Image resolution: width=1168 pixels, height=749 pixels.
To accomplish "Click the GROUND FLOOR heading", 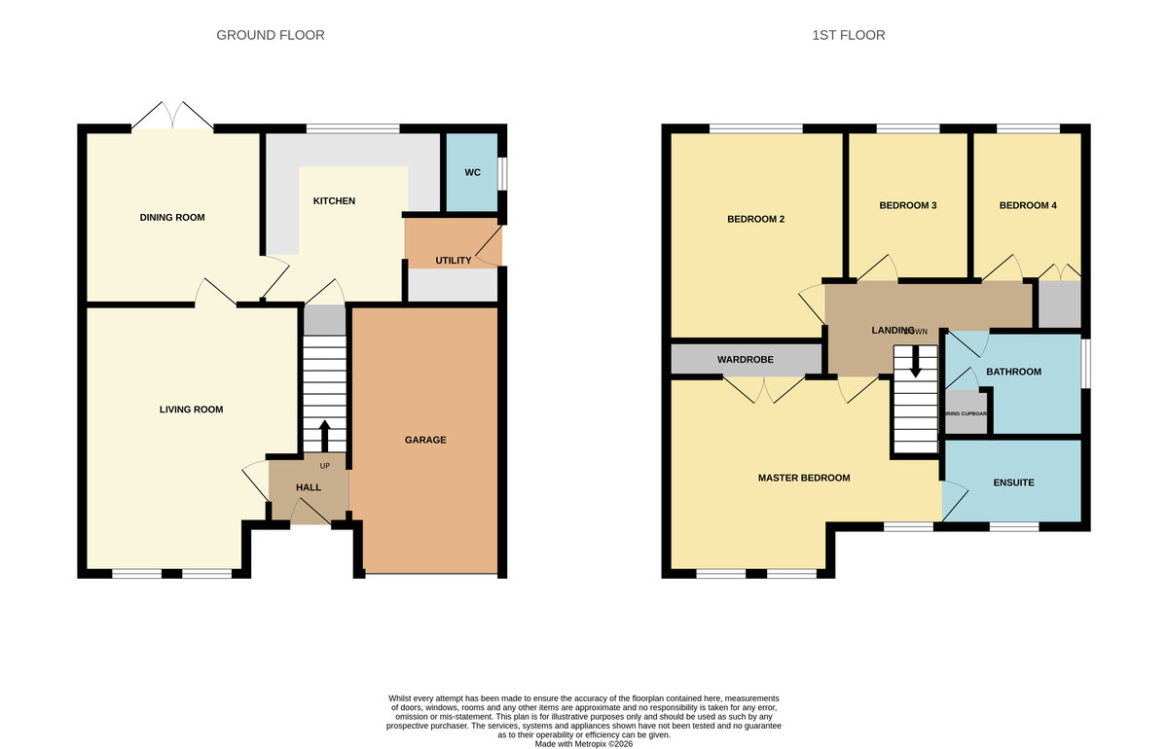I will (x=270, y=35).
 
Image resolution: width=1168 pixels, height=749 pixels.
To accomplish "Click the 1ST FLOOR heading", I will (x=848, y=35).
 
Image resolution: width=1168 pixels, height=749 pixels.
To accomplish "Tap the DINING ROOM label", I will (x=172, y=217).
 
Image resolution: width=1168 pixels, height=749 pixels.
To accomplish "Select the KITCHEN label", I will (x=334, y=201).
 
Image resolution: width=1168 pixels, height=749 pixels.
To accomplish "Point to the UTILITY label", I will (x=453, y=260).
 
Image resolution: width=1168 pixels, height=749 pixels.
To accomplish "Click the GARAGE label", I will (x=425, y=440).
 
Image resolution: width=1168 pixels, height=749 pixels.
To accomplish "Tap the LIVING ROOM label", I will (x=191, y=410).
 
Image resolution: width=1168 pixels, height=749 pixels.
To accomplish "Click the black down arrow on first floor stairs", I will (x=915, y=363).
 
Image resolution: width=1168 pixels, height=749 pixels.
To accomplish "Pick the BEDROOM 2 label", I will (x=755, y=219).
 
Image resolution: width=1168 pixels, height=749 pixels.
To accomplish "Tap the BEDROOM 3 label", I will (x=907, y=205).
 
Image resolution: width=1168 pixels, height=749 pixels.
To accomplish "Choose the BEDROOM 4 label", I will (x=1027, y=205).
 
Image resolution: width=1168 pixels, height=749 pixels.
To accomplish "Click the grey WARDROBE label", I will (x=746, y=360).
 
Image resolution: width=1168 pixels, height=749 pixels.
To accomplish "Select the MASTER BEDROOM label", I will (x=804, y=478).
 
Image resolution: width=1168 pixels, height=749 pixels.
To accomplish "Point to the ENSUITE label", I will (x=1013, y=482).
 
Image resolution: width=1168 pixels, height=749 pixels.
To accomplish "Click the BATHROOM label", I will (x=1013, y=372).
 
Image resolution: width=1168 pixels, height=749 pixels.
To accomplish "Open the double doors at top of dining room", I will (x=172, y=119).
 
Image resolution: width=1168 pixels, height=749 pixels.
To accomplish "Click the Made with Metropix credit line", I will (x=584, y=743).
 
